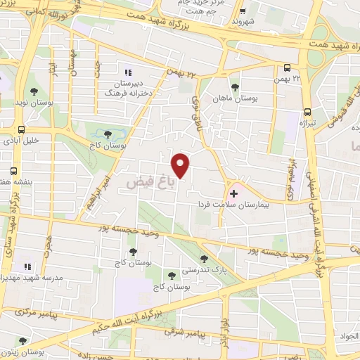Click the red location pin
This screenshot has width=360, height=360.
(x=181, y=165)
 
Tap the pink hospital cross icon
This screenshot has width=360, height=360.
(x=234, y=192)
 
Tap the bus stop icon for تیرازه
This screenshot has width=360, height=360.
(x=308, y=112)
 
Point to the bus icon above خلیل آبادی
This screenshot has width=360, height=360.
(x=21, y=130)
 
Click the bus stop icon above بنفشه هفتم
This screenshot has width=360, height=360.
(x=14, y=171)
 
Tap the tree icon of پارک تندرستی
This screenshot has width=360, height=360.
(x=204, y=258)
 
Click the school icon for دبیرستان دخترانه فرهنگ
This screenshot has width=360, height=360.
(x=128, y=72)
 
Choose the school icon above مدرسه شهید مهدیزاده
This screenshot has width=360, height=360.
(x=28, y=266)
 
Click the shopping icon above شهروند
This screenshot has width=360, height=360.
(x=243, y=12)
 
